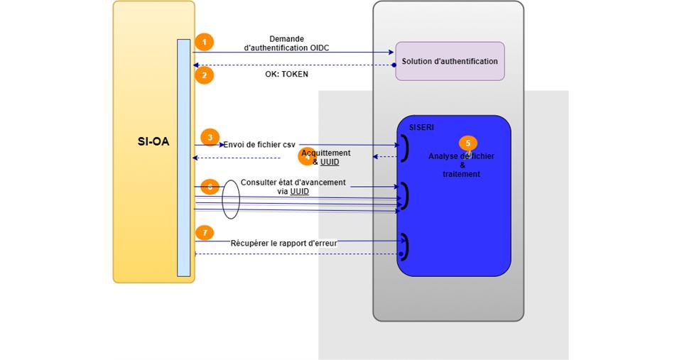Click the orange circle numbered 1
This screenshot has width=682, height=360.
[204, 43]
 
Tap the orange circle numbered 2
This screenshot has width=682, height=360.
[204, 75]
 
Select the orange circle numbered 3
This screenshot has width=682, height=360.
[210, 138]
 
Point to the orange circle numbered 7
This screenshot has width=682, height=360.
[204, 233]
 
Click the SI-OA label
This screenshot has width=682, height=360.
[153, 141]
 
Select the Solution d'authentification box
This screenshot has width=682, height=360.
[450, 61]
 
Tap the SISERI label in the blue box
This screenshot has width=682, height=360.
[422, 127]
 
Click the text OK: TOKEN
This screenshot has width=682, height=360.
[282, 74]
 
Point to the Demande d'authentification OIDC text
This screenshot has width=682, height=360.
[286, 43]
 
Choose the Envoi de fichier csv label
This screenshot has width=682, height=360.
[259, 145]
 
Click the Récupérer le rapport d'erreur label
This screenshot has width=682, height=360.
[284, 243]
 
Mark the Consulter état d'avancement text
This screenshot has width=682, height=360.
[293, 182]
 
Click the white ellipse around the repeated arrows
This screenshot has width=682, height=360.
[231, 200]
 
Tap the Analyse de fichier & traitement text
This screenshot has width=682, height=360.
[461, 165]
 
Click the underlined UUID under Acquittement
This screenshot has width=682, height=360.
[330, 162]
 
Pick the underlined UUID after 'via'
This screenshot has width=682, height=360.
[299, 192]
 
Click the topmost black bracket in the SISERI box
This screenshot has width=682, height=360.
[405, 148]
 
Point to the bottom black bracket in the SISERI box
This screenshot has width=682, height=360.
[404, 246]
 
